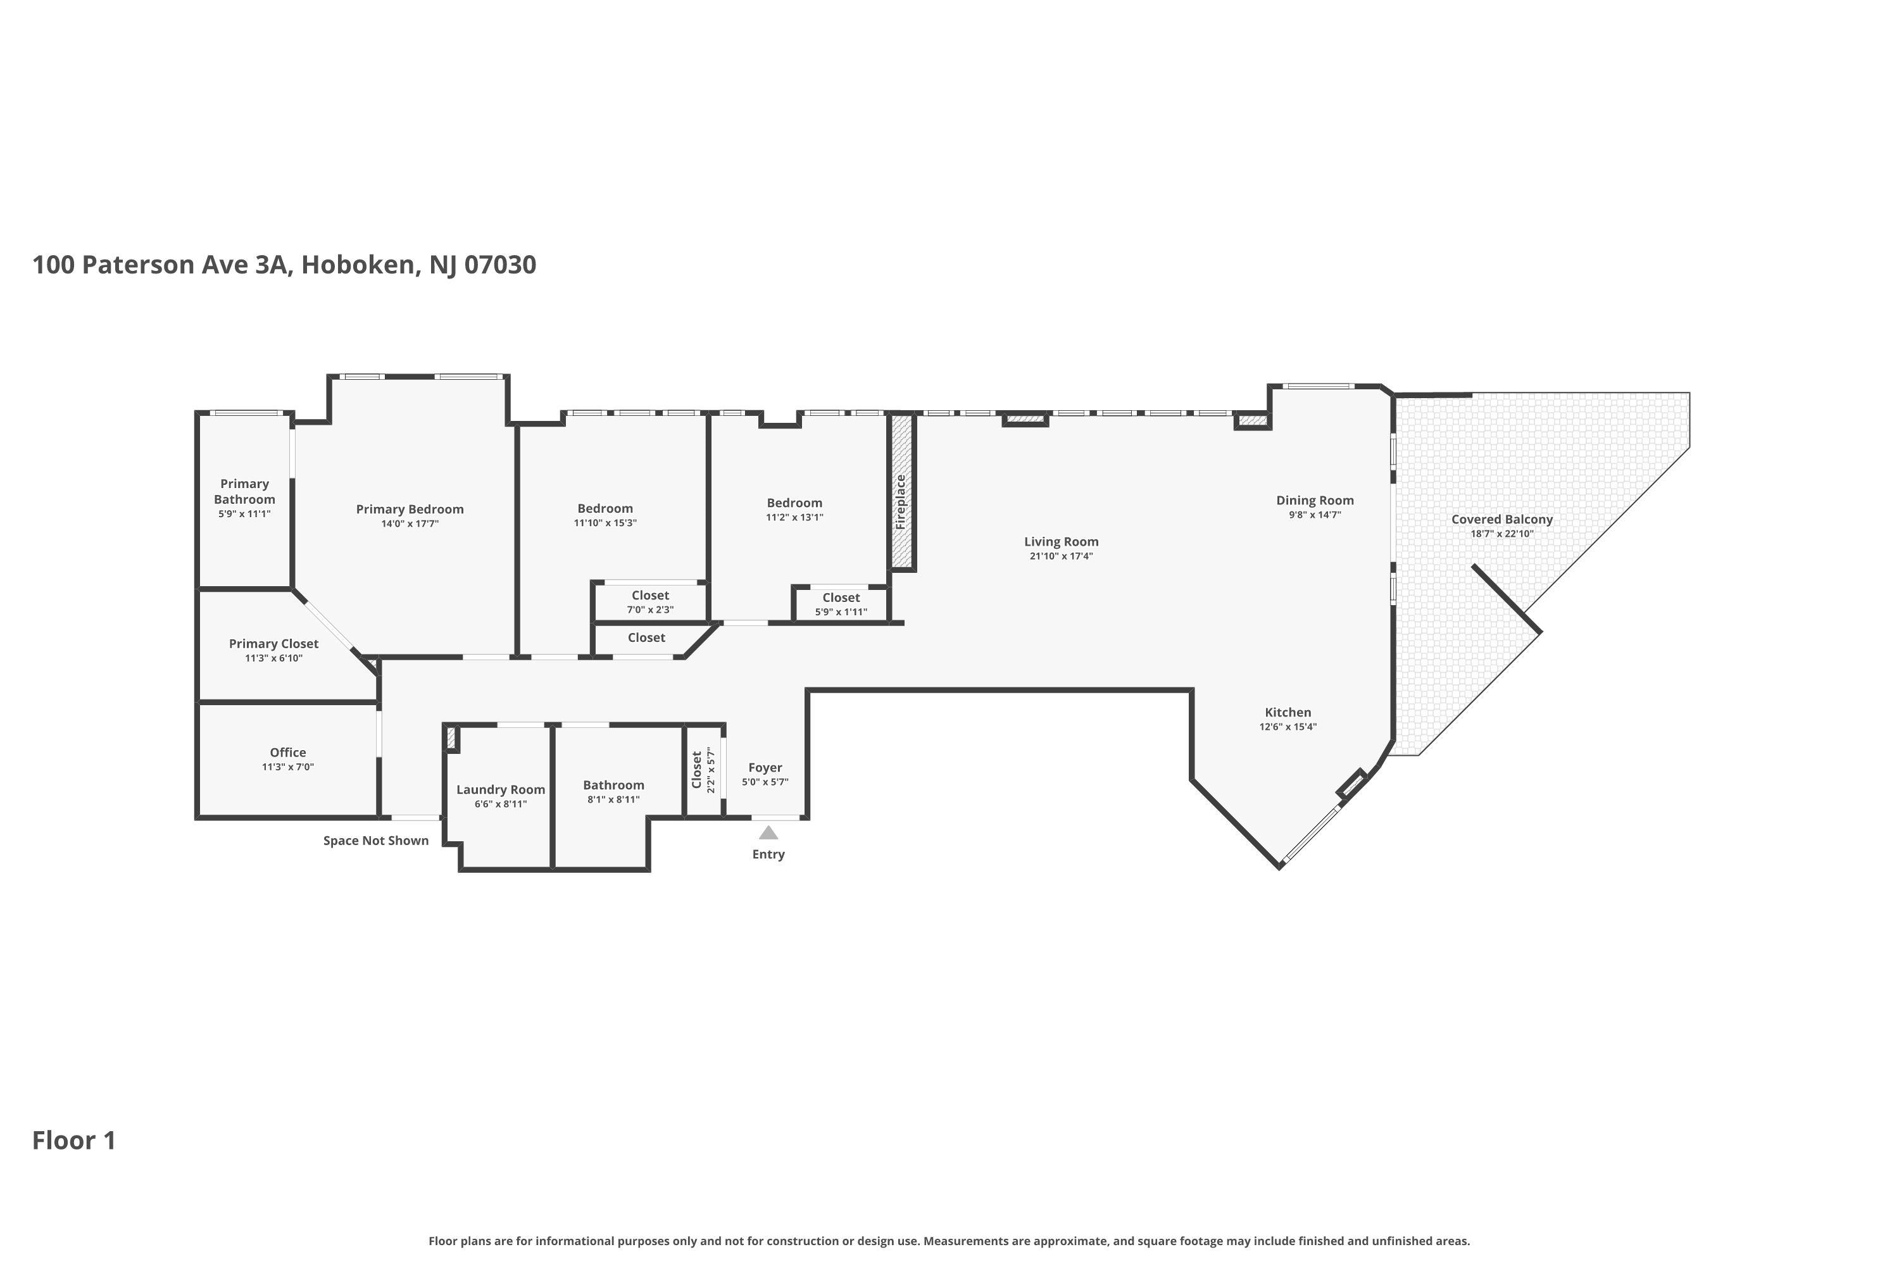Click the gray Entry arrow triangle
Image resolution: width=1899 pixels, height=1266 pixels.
tap(768, 832)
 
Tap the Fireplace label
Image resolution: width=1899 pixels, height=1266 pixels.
tap(901, 501)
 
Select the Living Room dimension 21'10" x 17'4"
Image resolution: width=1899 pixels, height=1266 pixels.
tap(1061, 556)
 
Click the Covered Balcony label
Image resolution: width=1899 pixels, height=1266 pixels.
tap(1501, 519)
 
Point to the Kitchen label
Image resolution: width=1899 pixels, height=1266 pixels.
tap(1288, 712)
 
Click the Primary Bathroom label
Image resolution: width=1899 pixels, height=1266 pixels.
tap(244, 491)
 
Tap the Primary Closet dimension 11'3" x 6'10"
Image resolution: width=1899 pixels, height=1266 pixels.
tap(273, 658)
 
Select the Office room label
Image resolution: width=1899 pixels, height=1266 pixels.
tap(287, 753)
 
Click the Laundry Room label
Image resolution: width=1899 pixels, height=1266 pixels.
tap(501, 789)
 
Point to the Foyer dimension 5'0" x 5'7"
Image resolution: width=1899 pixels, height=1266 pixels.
tap(765, 782)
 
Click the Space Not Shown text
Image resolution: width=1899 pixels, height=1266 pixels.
tap(375, 841)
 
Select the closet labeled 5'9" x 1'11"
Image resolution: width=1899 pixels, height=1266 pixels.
tap(841, 605)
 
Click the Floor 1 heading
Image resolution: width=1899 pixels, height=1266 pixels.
tap(74, 1140)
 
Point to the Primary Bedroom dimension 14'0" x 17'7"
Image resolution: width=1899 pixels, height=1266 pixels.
tap(410, 524)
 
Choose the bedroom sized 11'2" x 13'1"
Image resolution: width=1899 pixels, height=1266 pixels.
tap(794, 510)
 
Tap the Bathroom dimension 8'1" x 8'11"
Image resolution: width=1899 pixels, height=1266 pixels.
tap(613, 799)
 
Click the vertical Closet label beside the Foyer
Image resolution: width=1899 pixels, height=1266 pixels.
tap(697, 770)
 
